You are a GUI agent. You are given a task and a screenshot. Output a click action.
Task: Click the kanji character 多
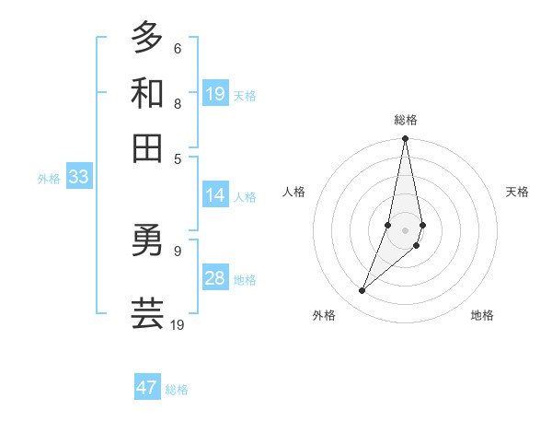(147, 38)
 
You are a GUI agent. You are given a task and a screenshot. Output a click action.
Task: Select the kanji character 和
(147, 93)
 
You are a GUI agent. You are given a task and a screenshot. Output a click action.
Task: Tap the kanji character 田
(147, 147)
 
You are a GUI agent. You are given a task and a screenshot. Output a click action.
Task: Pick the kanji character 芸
(147, 312)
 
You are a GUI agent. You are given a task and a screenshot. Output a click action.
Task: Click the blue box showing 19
(215, 93)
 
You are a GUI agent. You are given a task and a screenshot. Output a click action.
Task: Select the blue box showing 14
(215, 195)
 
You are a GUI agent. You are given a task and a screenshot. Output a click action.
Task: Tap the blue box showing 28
(215, 278)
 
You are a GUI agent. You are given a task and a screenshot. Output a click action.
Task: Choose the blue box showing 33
(78, 178)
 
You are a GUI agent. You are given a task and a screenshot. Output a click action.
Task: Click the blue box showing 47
(147, 388)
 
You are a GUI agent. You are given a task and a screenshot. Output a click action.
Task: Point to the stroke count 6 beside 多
(177, 49)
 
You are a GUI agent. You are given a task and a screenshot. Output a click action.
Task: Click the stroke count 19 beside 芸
(178, 324)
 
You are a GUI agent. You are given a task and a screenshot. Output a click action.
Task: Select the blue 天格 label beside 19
(245, 95)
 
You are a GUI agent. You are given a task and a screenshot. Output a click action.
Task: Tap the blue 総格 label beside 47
(177, 390)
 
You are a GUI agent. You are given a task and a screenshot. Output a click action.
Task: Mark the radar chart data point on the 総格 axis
(405, 139)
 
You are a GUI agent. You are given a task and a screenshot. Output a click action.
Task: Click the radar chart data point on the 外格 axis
(362, 291)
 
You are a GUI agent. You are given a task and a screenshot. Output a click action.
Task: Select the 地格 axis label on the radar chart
(482, 315)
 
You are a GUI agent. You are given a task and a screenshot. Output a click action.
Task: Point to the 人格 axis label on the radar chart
(293, 192)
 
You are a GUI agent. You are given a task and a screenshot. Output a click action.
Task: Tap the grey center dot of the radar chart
(405, 229)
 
